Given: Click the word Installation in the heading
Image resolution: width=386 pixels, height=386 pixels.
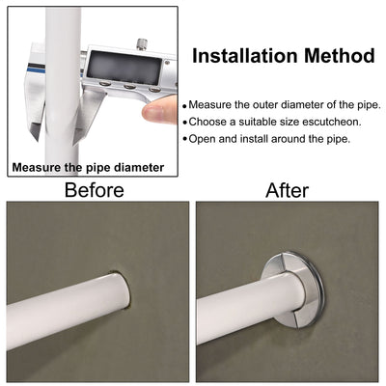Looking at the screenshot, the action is point(244,55).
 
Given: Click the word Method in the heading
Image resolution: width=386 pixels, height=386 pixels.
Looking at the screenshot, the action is point(340,55).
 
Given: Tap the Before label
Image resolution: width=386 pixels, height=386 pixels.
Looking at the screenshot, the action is point(95,190).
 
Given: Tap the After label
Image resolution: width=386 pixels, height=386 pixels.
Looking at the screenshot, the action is point(287,190).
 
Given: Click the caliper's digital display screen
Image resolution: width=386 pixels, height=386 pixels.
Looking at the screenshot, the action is point(124,68).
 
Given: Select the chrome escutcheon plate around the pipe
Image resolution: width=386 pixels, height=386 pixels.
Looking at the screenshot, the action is point(294,289).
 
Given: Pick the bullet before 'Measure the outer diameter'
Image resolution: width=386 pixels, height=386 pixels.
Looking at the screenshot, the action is point(184,106).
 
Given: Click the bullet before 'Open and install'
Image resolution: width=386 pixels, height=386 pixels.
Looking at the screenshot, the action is point(184,139).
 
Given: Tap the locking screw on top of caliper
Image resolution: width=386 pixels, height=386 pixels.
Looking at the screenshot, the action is point(142,44).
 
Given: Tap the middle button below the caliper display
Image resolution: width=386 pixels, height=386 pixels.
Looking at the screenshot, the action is point(129,86).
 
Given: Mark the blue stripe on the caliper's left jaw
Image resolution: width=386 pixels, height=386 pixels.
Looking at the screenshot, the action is point(36,69).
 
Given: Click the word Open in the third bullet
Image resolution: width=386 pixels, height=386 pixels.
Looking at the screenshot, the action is point(200,140).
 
